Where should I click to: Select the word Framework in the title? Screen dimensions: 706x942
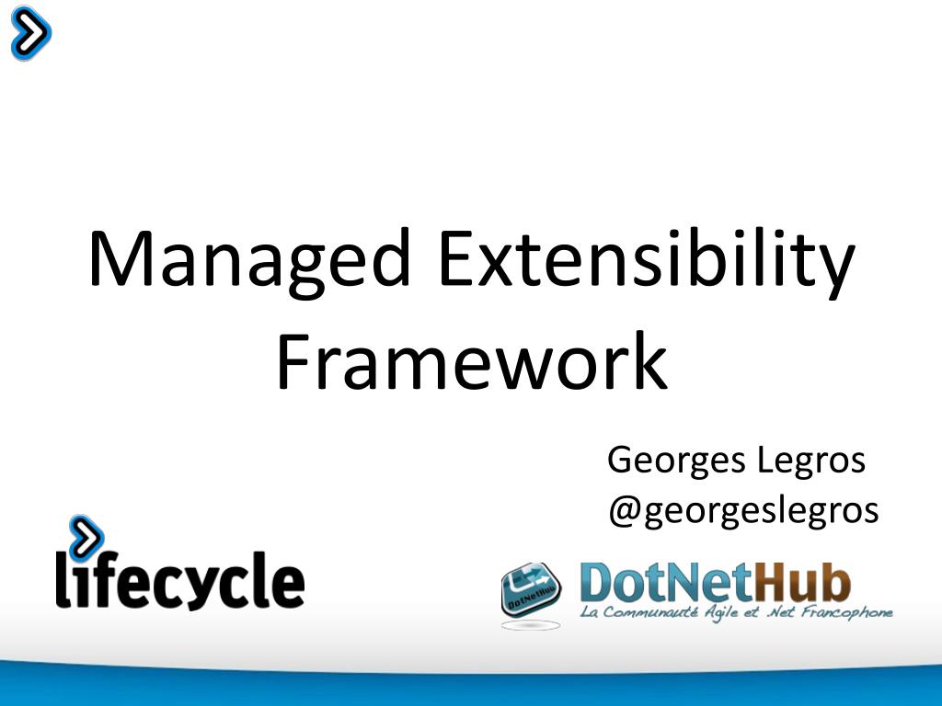pyautogui.click(x=471, y=361)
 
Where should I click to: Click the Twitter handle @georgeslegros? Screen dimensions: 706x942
pyautogui.click(x=743, y=510)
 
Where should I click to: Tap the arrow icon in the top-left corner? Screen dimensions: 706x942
pyautogui.click(x=29, y=33)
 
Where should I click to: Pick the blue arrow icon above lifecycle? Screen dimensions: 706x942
pyautogui.click(x=86, y=535)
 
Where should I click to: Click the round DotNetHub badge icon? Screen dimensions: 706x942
pyautogui.click(x=531, y=591)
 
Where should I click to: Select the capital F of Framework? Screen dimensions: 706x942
pyautogui.click(x=293, y=361)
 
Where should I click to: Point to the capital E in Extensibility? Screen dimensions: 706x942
pyautogui.click(x=455, y=260)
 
